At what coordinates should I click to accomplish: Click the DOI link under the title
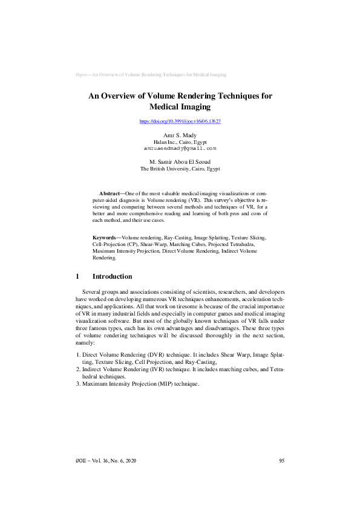[180, 122]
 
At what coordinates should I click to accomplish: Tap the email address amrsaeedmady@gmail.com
[180, 148]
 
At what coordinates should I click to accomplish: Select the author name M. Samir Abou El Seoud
[180, 161]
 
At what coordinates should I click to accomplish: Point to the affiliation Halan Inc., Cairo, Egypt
[180, 141]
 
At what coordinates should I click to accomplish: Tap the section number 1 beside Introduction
[77, 276]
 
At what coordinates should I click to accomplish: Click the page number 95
[281, 461]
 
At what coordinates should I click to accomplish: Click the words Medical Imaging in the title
[180, 107]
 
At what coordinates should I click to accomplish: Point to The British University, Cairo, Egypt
[180, 169]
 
